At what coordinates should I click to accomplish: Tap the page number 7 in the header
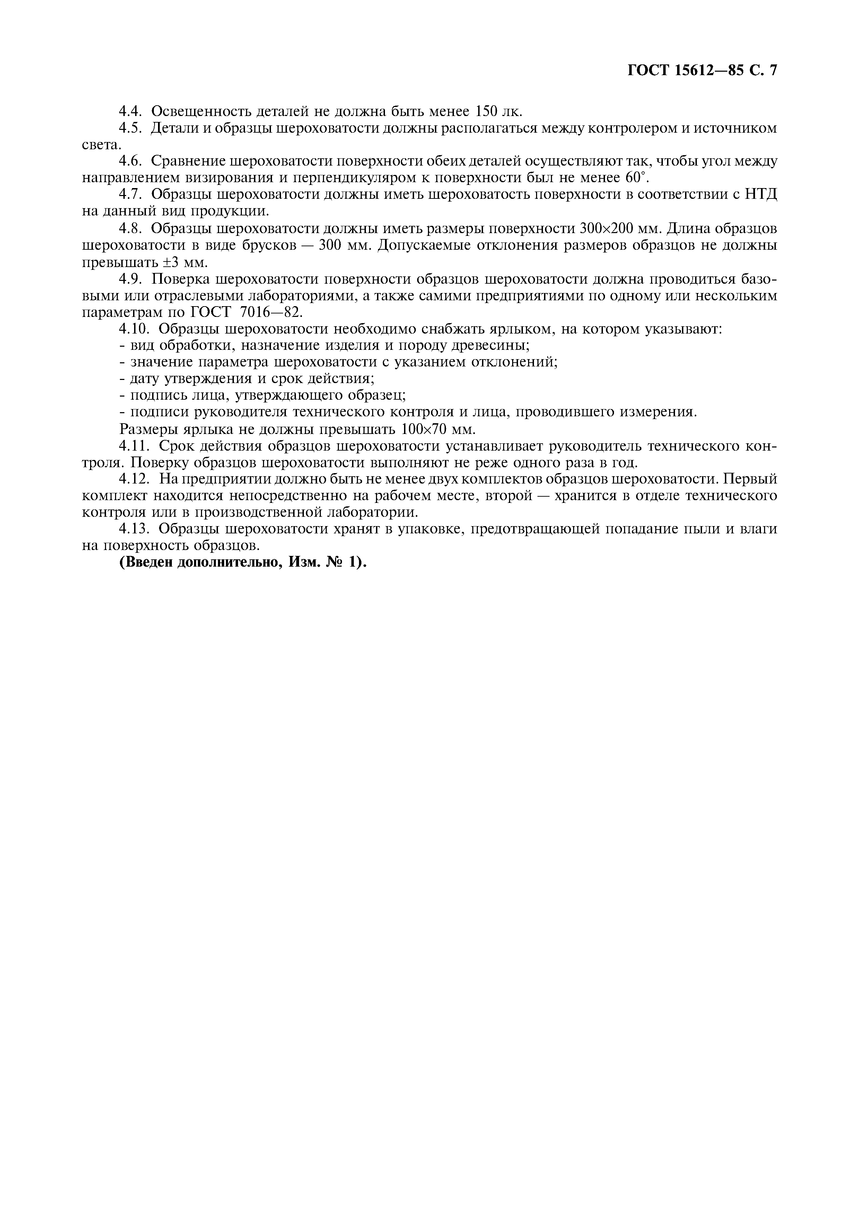(x=772, y=71)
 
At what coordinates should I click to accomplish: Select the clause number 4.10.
(x=135, y=329)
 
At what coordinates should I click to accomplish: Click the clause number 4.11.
(x=135, y=446)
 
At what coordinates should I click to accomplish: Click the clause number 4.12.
(x=135, y=479)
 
